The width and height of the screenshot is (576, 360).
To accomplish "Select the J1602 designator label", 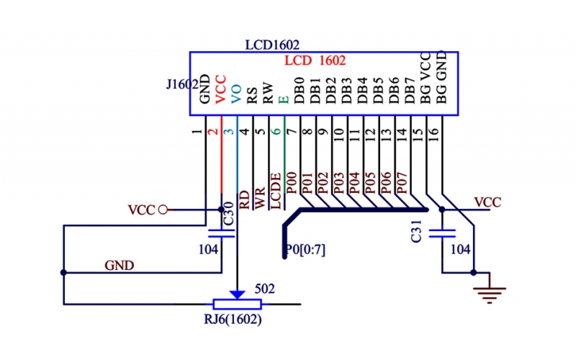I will pos(181,85).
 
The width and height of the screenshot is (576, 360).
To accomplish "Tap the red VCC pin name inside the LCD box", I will pos(221,89).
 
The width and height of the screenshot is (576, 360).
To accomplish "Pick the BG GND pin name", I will pos(442,76).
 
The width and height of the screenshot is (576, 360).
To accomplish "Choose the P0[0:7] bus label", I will pos(305,250).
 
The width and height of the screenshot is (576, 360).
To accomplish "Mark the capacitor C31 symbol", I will pos(441,233).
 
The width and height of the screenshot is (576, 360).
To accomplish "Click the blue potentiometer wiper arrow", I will pos(237,295).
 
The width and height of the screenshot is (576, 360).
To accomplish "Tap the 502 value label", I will pos(266,289).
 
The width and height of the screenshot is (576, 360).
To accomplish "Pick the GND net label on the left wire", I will pos(119,265).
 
